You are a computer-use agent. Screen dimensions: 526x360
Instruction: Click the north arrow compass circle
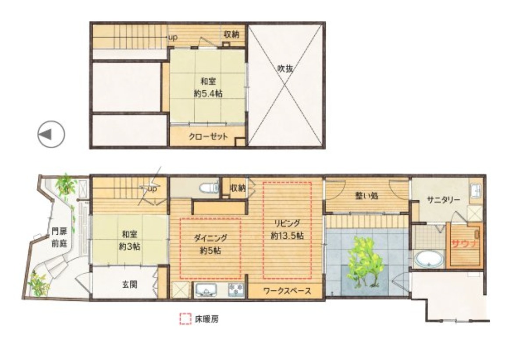pyautogui.click(x=51, y=134)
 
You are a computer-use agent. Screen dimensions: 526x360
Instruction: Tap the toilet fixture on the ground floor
pyautogui.click(x=210, y=188)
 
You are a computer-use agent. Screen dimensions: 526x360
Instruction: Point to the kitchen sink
pyautogui.click(x=206, y=290)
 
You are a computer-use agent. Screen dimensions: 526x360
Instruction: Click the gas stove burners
pyautogui.click(x=236, y=289)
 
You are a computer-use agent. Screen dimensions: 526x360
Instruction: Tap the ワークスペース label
pyautogui.click(x=288, y=291)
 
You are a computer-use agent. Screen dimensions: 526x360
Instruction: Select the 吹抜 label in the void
pyautogui.click(x=285, y=69)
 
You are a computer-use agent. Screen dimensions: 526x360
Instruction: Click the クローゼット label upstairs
pyautogui.click(x=208, y=136)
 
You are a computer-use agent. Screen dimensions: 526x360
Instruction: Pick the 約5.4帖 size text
pyautogui.click(x=208, y=94)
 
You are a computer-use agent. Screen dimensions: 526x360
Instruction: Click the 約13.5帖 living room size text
pyautogui.click(x=287, y=235)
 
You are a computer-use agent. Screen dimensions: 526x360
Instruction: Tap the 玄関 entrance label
pyautogui.click(x=130, y=285)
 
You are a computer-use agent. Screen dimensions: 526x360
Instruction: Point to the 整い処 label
pyautogui.click(x=366, y=196)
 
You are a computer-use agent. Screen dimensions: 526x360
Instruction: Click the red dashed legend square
pyautogui.click(x=185, y=319)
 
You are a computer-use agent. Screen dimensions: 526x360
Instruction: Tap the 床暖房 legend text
pyautogui.click(x=206, y=319)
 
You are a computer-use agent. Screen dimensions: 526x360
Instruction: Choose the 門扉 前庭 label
pyautogui.click(x=60, y=237)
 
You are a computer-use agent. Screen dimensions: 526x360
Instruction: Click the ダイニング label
pyautogui.click(x=210, y=238)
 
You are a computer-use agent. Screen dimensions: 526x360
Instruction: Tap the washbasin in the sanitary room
pyautogui.click(x=476, y=191)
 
